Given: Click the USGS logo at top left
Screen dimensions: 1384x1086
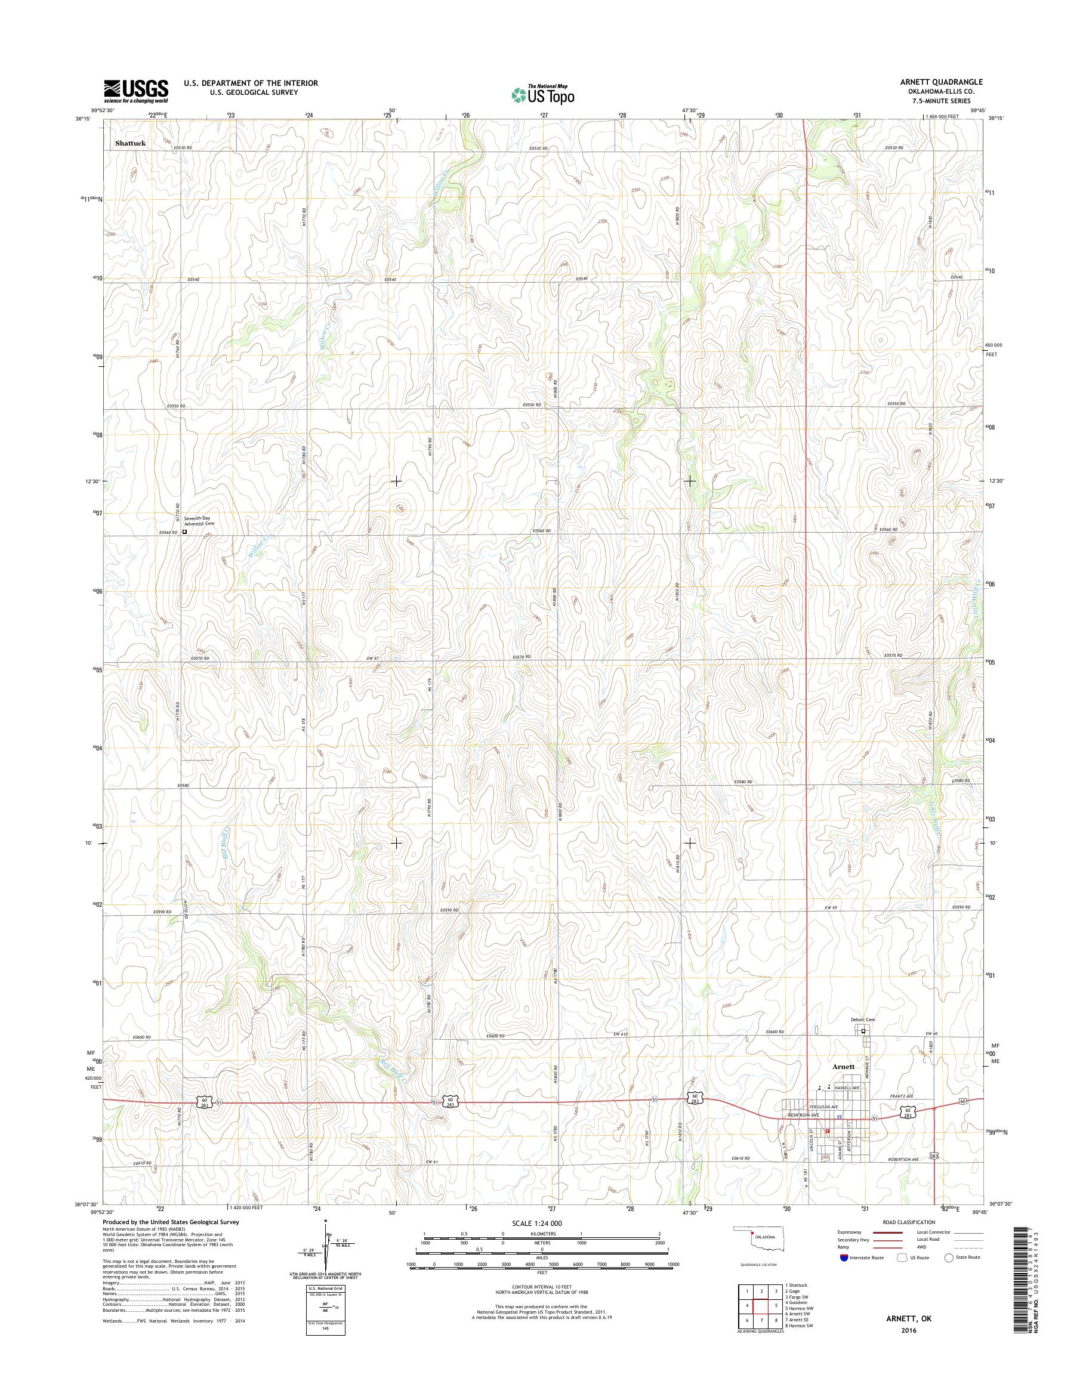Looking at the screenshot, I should tap(136, 91).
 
